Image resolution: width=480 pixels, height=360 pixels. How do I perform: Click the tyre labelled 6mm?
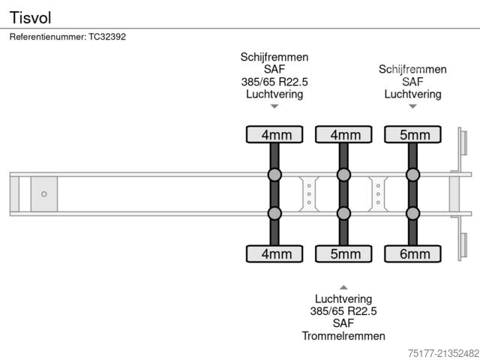[413, 254]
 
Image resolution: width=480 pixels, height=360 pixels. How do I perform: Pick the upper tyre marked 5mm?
[413, 135]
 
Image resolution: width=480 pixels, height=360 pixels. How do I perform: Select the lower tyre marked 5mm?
[344, 254]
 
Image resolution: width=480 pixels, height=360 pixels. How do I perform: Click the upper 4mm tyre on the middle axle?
[344, 135]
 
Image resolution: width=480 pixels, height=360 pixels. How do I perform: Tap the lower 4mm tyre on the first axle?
[275, 254]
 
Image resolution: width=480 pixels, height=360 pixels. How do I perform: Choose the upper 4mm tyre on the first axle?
[275, 135]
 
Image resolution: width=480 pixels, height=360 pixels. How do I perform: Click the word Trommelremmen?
[343, 335]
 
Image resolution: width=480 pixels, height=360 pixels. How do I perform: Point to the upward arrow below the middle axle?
[343, 287]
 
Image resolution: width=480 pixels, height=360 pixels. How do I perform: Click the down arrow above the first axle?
[274, 106]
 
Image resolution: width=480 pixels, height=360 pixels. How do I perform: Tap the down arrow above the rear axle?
[412, 106]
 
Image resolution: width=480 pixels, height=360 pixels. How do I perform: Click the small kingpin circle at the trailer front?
[43, 194]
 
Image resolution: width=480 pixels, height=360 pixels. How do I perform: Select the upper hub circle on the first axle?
[275, 175]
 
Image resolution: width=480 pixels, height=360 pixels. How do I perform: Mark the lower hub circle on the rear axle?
[413, 214]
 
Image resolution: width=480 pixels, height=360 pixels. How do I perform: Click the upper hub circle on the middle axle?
[344, 175]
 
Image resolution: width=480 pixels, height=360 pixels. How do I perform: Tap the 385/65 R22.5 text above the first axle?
[274, 82]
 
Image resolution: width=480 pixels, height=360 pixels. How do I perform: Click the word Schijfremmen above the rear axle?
[412, 69]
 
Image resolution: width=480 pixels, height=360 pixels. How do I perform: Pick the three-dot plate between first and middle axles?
[309, 194]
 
